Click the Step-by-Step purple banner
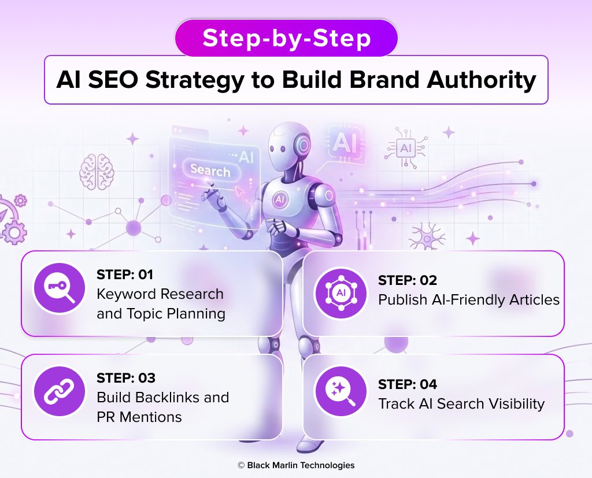[286, 38]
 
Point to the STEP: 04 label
[408, 384]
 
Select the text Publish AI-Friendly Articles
[469, 299]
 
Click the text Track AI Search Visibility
[461, 403]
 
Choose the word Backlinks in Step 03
[169, 398]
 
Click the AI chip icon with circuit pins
[405, 149]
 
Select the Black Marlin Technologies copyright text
[296, 465]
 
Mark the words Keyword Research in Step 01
[160, 294]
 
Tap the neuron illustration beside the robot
[427, 234]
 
